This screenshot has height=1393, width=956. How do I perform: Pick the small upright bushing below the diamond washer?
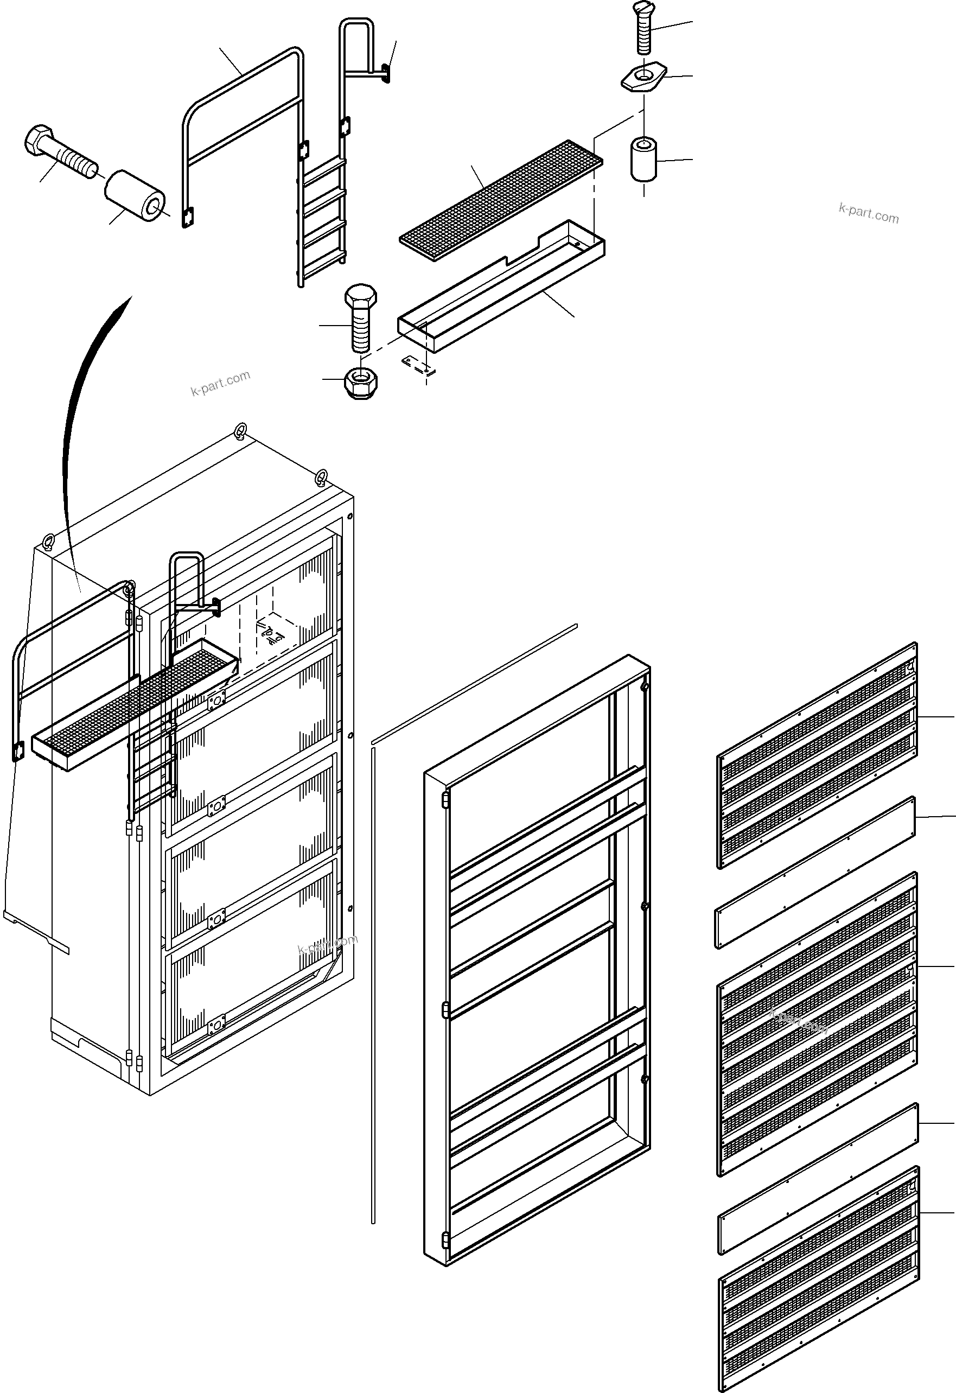(643, 159)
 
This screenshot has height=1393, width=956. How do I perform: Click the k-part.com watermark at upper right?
(869, 213)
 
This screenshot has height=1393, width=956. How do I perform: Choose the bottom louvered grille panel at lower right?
(818, 1280)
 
